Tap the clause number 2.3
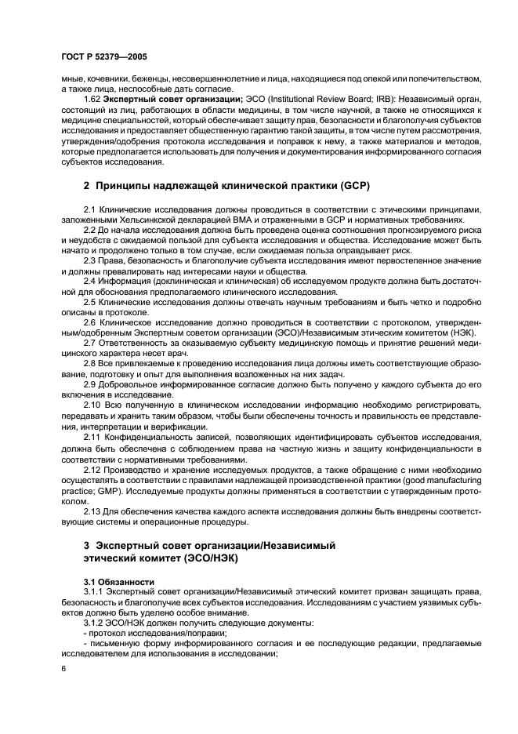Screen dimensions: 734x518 click(x=90, y=260)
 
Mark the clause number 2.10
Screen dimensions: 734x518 click(x=92, y=403)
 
